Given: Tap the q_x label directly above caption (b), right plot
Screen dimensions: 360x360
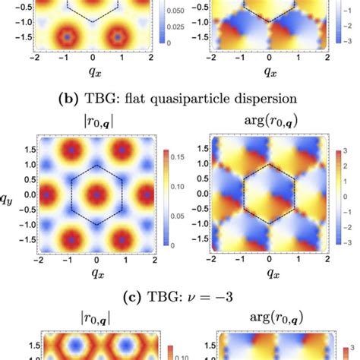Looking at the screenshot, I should [x=269, y=73].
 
